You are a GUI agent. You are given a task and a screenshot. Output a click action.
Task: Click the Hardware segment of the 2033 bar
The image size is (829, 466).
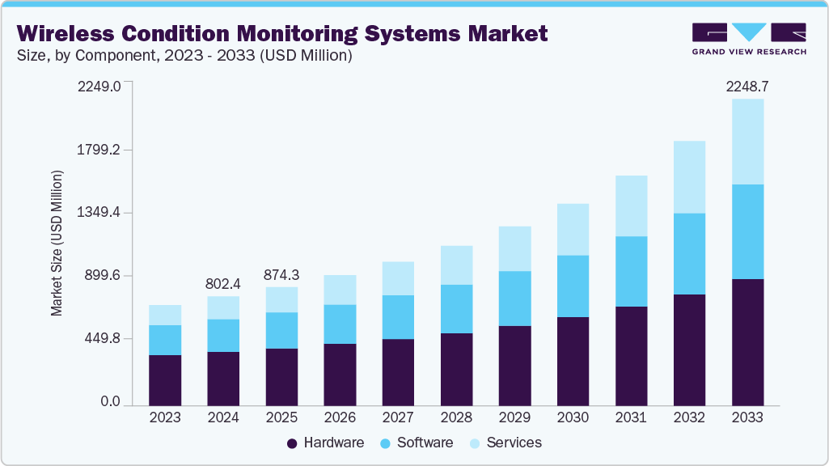[747, 341]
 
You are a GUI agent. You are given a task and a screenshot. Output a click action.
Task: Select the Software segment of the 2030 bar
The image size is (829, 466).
[573, 286]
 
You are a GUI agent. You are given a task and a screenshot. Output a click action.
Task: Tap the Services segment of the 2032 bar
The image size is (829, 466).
[689, 177]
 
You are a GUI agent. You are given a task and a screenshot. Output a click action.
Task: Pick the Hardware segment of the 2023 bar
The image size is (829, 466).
[165, 379]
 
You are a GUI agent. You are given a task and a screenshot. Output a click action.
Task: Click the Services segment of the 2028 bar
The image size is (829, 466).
[456, 265]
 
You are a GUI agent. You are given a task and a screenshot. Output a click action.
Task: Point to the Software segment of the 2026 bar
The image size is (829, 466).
[340, 324]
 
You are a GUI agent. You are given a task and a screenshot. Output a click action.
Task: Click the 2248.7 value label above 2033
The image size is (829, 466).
[747, 86]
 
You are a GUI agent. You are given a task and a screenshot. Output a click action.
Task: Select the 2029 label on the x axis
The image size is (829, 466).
[514, 417]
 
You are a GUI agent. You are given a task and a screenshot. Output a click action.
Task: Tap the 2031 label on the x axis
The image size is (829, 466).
[631, 417]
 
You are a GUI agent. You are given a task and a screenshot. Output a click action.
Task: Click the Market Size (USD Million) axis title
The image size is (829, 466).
[57, 244]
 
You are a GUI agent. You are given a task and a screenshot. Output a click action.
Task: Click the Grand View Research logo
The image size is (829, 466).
[749, 39]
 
